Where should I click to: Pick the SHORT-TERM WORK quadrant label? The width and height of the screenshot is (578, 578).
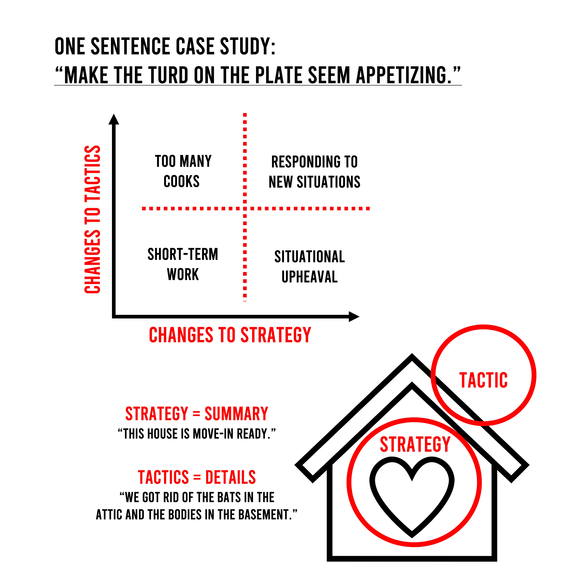click(x=183, y=264)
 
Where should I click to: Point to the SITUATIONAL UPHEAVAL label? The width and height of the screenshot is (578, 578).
click(x=310, y=266)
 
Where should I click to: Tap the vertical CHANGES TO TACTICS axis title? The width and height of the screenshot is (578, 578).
click(x=93, y=219)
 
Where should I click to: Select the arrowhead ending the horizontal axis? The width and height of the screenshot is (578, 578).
click(x=354, y=317)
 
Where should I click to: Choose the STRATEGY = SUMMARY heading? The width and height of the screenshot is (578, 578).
click(x=196, y=414)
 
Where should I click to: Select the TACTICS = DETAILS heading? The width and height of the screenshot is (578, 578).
click(x=196, y=477)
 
